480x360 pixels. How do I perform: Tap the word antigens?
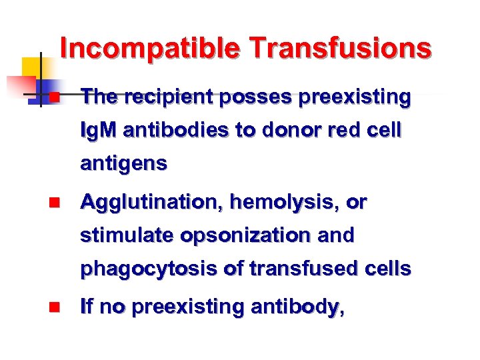(123, 163)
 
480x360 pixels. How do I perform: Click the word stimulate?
(123, 235)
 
